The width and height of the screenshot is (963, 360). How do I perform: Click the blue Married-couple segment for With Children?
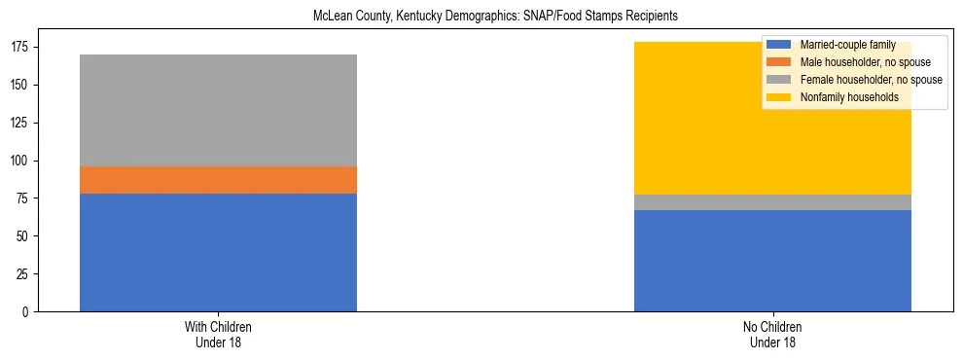tap(218, 252)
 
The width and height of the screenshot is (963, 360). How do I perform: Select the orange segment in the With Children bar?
tap(218, 180)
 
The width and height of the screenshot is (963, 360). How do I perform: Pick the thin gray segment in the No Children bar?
tap(772, 202)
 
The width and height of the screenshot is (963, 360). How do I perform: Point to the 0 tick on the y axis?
tap(28, 312)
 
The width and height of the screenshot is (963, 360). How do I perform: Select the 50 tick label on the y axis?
tap(25, 236)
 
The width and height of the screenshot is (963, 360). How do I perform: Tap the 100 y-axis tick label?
tap(22, 161)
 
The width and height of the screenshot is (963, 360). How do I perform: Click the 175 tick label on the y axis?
tap(22, 47)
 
